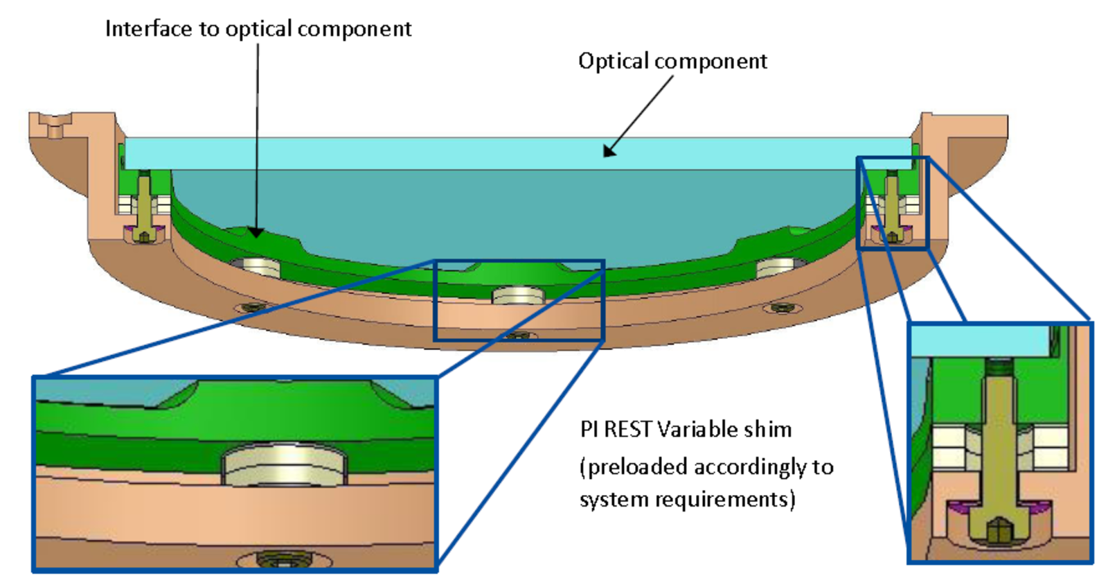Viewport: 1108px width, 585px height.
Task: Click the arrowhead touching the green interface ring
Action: [257, 232]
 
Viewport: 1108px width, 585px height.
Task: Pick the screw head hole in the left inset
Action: [285, 559]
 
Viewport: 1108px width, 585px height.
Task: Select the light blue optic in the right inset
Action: [980, 341]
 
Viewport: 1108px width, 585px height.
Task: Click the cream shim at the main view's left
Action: [256, 266]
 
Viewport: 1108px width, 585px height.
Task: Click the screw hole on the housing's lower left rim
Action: [251, 306]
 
